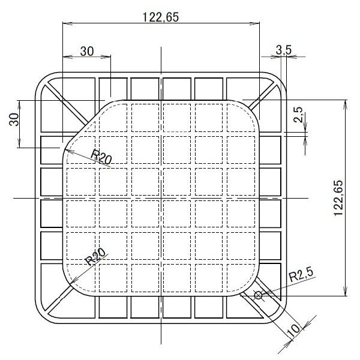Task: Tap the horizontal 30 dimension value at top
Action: tap(87, 51)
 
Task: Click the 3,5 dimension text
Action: tap(284, 50)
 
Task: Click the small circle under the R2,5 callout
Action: tap(258, 295)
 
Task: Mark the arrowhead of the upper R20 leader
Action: tap(67, 150)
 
